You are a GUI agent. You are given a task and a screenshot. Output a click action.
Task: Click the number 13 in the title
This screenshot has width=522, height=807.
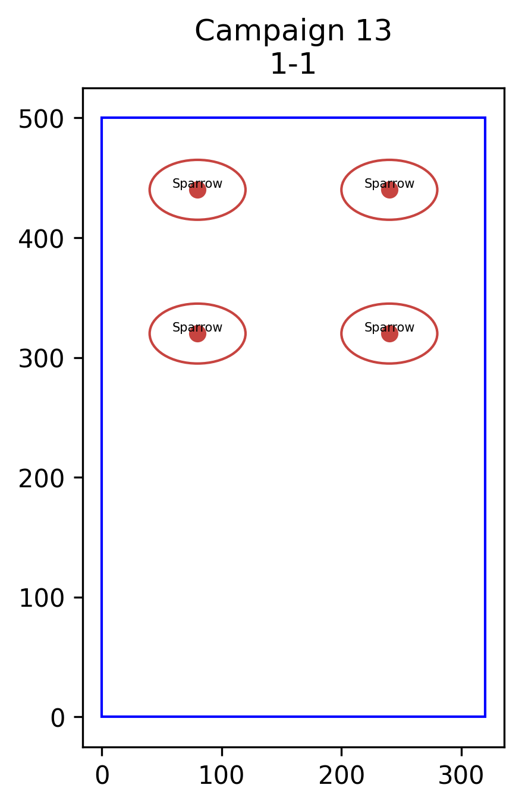373,31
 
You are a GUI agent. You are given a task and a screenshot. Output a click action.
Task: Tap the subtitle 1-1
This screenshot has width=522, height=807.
293,64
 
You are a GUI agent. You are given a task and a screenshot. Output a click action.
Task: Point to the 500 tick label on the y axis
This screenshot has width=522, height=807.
41,119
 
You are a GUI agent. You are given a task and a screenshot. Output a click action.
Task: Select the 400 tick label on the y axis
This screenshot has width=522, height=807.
41,239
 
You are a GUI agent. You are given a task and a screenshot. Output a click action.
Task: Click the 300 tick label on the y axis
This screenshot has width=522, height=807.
41,359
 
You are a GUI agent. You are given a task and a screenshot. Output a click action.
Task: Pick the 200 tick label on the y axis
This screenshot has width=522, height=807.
41,479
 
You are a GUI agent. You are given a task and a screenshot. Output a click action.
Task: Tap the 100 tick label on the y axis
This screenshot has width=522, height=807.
41,599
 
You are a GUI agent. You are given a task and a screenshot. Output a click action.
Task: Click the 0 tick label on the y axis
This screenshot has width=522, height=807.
57,718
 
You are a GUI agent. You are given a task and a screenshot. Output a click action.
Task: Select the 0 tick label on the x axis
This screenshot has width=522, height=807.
102,775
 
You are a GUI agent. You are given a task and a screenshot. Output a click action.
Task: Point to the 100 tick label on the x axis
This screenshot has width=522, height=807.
221,775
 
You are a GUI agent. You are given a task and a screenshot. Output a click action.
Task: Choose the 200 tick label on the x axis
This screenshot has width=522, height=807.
341,775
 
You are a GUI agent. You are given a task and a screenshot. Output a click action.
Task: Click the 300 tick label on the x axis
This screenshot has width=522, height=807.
461,775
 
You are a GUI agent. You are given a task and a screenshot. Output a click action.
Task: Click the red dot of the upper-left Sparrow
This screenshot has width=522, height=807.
197,190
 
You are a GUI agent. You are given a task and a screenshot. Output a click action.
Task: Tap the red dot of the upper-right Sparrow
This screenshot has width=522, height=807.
389,190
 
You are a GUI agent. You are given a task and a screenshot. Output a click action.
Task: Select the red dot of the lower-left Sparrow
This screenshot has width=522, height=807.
197,333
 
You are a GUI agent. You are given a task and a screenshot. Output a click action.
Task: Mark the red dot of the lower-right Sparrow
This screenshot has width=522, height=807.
389,333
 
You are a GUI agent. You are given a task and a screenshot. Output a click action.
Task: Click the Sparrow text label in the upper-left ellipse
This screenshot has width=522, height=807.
197,184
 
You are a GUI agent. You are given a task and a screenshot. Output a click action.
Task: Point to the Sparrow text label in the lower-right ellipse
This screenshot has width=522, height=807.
389,327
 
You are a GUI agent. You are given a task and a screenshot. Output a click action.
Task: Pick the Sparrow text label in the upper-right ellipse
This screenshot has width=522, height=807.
389,184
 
